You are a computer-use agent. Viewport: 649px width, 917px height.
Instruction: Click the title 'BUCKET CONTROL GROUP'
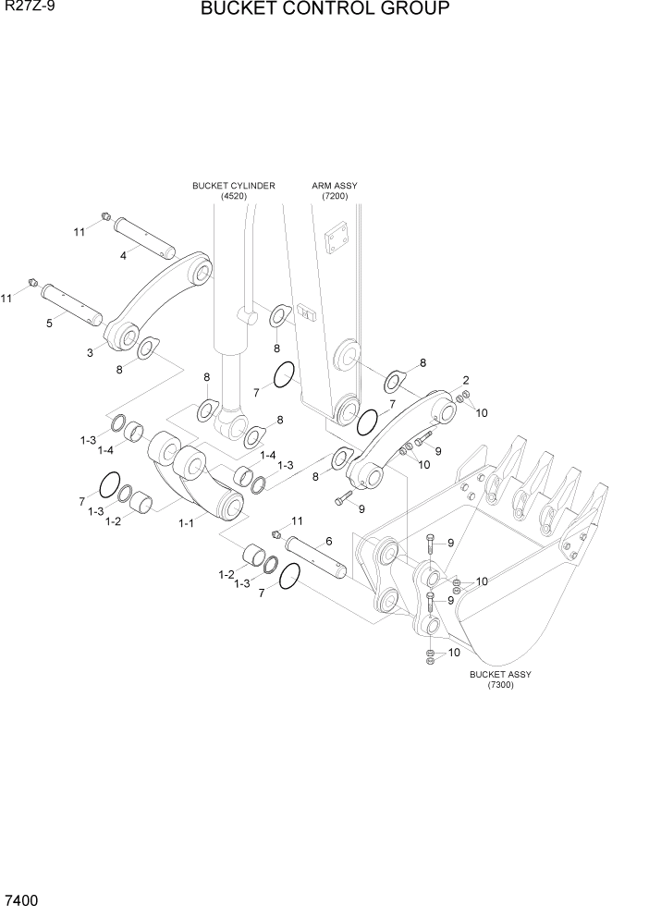(x=324, y=10)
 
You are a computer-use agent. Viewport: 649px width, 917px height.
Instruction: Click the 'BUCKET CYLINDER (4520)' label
(x=233, y=190)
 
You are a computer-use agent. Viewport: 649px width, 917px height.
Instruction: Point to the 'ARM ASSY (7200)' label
(x=334, y=190)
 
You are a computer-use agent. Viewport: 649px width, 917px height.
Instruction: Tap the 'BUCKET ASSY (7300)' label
(x=500, y=679)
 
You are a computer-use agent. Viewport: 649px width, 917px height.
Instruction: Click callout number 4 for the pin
(x=123, y=255)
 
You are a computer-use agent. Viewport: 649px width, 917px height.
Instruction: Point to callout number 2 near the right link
(x=466, y=380)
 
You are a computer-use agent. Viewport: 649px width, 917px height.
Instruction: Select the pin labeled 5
(x=73, y=302)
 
